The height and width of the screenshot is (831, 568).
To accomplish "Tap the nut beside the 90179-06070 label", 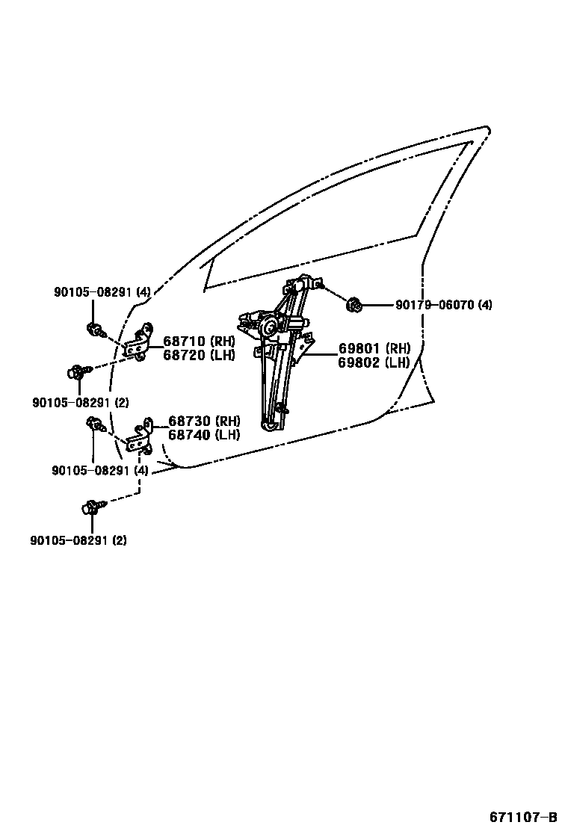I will [x=356, y=304].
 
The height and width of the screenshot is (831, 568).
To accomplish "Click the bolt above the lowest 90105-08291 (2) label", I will [x=90, y=507].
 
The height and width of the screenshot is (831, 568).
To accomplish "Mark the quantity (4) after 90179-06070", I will [x=485, y=305].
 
